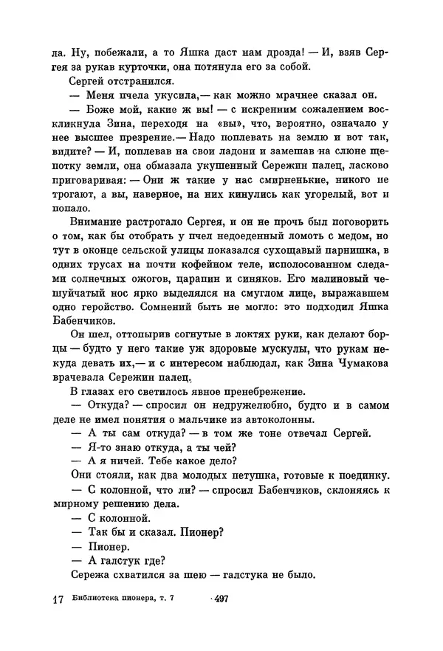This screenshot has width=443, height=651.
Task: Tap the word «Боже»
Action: coord(98,111)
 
